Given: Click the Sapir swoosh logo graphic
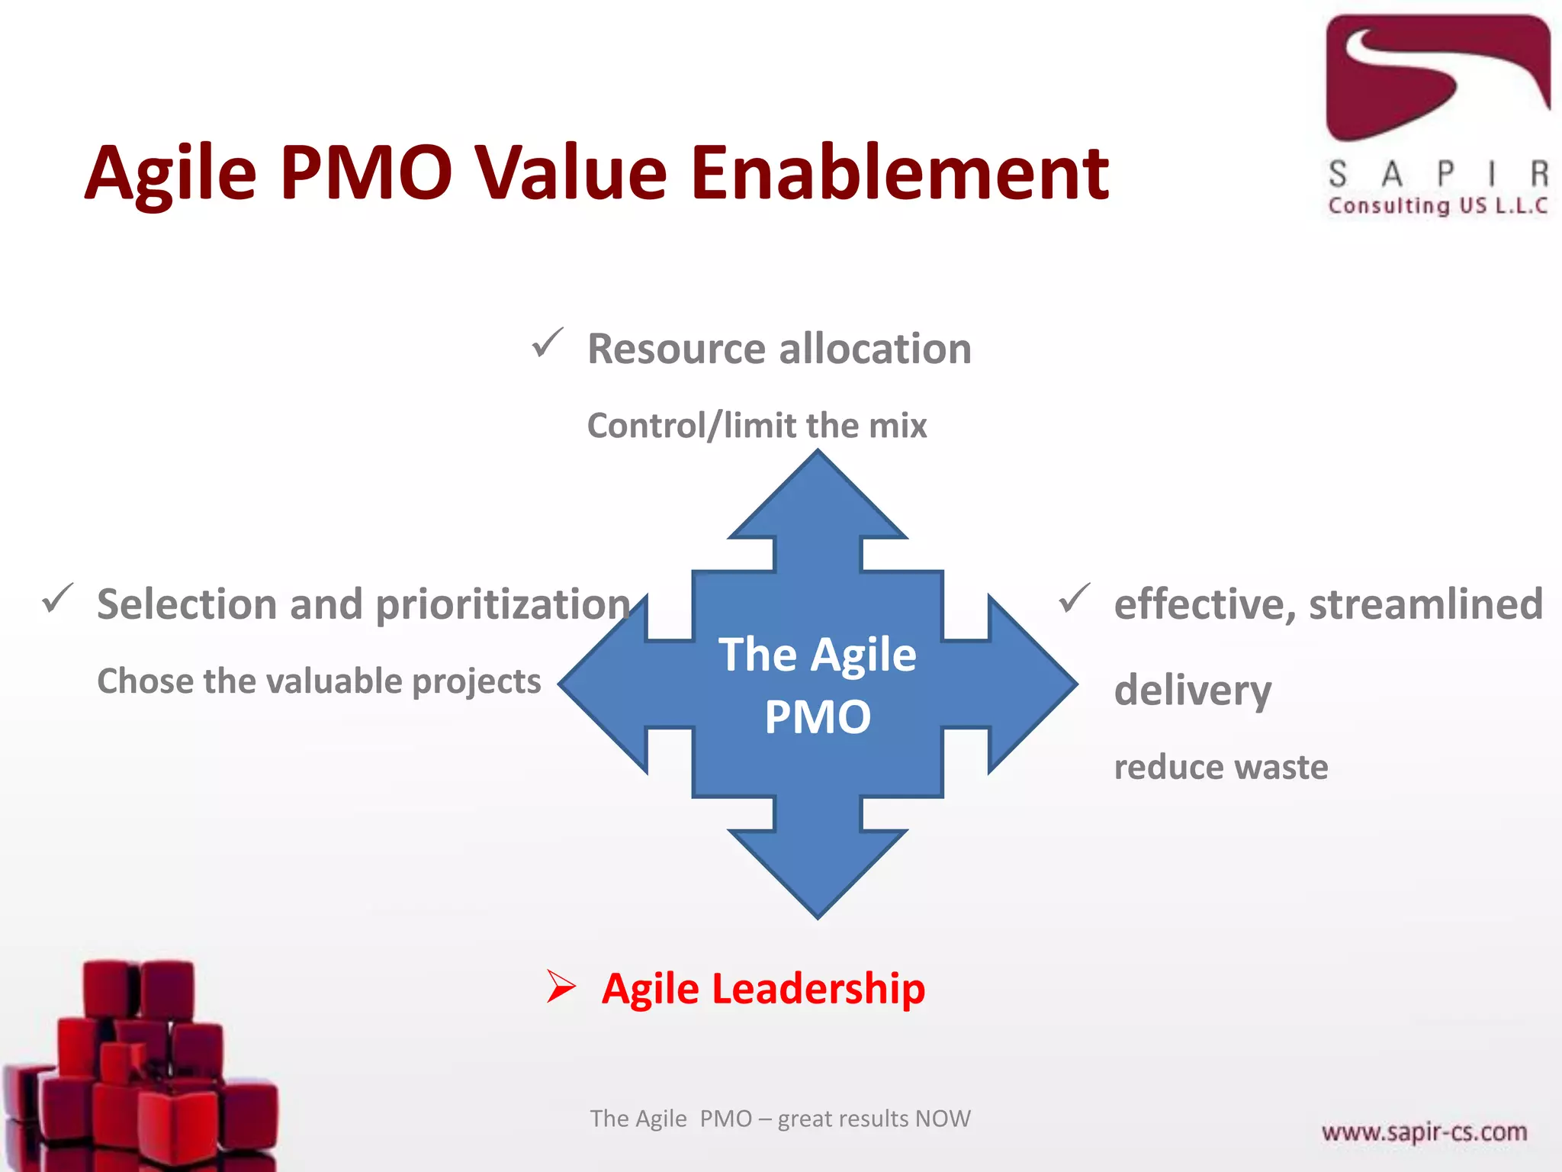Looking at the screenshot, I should (x=1438, y=76).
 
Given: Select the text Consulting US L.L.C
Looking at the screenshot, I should (x=1438, y=206).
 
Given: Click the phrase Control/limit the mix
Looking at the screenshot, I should (x=757, y=426).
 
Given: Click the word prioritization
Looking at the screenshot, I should (x=503, y=604).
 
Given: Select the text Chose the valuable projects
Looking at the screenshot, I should (x=319, y=681).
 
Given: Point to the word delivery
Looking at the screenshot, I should (x=1192, y=691).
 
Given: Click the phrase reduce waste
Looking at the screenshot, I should (x=1220, y=767).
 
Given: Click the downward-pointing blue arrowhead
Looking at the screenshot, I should (x=818, y=870).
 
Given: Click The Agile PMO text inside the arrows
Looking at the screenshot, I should (x=818, y=684).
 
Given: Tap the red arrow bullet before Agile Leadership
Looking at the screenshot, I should (x=561, y=987).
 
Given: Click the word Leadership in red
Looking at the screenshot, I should (x=818, y=989).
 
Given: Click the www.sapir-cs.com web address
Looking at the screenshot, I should (x=1424, y=1132).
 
